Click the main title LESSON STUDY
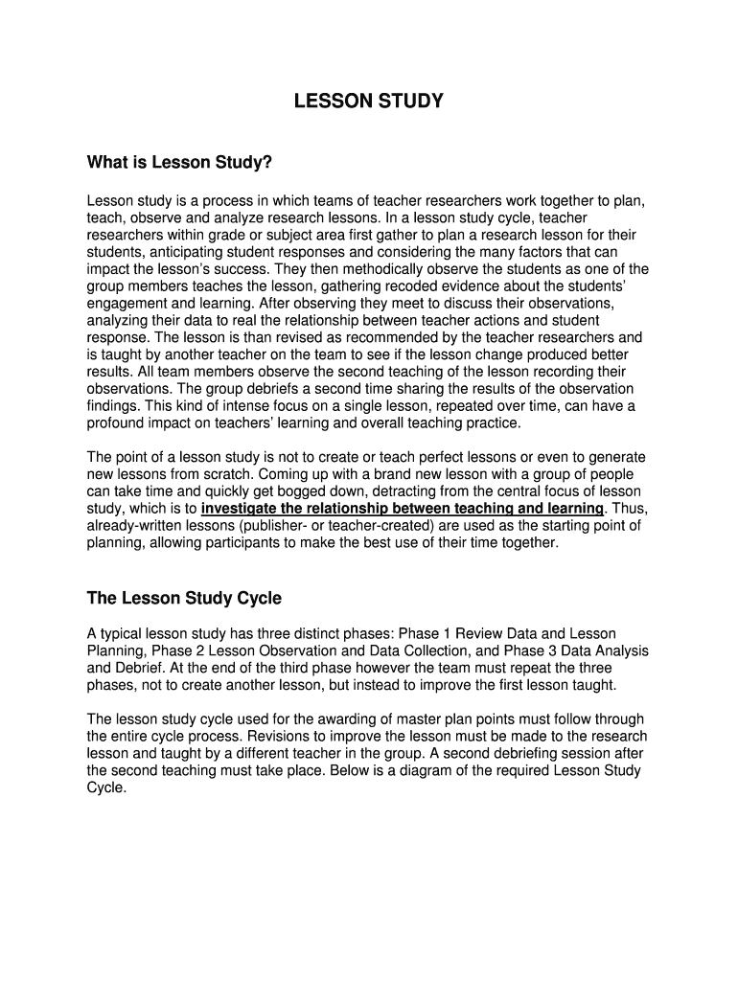point(368,101)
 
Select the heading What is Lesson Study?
point(180,163)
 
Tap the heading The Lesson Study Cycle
point(184,598)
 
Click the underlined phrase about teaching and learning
point(403,508)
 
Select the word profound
point(117,422)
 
